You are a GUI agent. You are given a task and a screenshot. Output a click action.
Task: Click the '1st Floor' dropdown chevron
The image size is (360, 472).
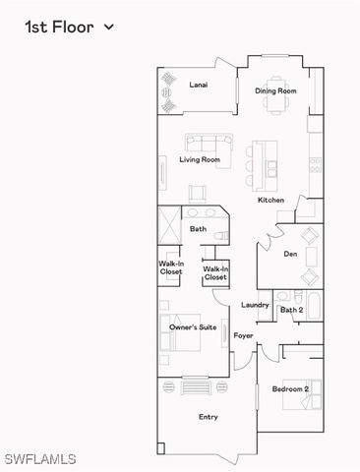click(x=108, y=28)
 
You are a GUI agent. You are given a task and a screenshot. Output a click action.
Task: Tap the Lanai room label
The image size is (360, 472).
click(x=199, y=86)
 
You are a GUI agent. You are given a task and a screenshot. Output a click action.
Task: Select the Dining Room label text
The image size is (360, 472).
click(x=275, y=91)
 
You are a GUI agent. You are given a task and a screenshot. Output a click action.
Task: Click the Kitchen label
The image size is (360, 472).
click(x=270, y=201)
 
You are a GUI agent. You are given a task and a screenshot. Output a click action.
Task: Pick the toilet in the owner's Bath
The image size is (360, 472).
click(x=221, y=235)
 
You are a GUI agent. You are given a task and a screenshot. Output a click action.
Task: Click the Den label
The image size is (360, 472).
click(x=290, y=254)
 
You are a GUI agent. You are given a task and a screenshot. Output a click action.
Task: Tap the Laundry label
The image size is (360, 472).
click(x=255, y=305)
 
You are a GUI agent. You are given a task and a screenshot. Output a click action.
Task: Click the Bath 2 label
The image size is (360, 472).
click(x=291, y=311)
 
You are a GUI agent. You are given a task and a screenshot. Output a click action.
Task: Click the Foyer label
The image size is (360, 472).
click(x=243, y=336)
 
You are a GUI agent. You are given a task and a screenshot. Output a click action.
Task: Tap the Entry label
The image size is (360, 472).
click(x=209, y=417)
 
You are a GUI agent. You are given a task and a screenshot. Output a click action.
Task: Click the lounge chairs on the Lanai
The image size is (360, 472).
click(x=167, y=88)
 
